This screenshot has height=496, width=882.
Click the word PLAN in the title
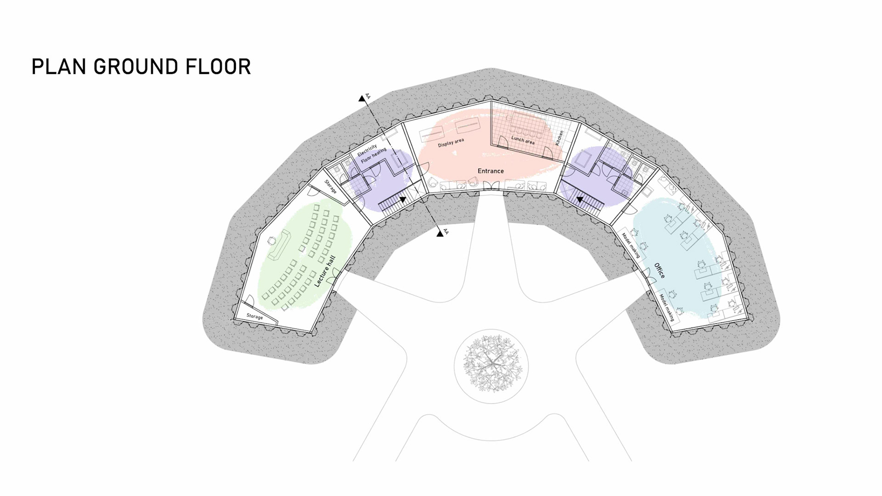59,67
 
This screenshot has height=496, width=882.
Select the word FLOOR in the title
218,67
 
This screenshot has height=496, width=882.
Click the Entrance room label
491,171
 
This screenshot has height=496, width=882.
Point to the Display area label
451,143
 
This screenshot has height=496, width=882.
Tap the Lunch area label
523,140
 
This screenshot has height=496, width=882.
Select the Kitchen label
560,138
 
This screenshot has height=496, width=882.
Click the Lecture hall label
325,271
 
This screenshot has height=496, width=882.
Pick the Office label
659,271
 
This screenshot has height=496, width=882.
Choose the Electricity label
367,150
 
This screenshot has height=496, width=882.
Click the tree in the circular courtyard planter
491,364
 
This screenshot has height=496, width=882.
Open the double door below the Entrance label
491,186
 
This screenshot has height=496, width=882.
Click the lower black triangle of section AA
440,234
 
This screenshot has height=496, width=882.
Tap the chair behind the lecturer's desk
272,240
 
